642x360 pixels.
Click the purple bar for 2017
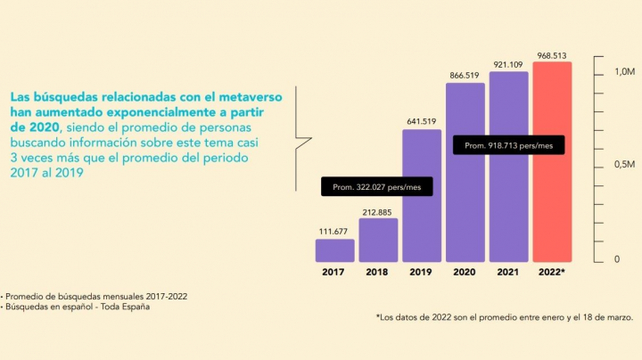pos(335,250)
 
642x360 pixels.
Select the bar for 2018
pos(378,240)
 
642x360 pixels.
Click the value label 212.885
pos(378,211)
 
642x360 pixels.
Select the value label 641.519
pos(422,121)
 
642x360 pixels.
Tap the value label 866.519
pos(465,76)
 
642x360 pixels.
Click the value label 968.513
pos(552,54)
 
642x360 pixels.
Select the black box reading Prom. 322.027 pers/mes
pos(376,186)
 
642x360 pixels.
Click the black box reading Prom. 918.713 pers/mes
pos(509,143)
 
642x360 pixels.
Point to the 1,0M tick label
pos(624,71)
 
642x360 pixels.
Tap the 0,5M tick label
pos(624,165)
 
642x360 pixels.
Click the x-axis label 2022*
pos(552,271)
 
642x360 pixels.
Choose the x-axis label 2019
pos(422,271)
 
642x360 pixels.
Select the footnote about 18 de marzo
pos(504,316)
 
